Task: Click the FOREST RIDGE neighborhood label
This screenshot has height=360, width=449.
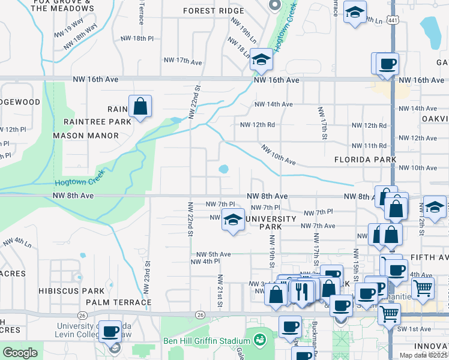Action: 214,11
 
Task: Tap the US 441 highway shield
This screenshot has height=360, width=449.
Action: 392,20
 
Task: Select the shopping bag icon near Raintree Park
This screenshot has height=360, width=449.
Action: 140,107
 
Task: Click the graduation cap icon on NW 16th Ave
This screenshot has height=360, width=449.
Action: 261,60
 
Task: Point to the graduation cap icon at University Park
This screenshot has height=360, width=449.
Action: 233,220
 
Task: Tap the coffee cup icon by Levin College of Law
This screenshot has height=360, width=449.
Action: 111,331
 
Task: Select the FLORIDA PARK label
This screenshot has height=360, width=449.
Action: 366,160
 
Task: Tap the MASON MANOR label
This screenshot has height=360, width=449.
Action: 86,136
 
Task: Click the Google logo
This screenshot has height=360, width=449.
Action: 20,353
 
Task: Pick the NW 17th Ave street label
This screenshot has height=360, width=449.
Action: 184,61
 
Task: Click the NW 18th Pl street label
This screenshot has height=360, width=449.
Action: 137,38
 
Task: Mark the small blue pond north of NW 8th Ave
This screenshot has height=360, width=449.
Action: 224,169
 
